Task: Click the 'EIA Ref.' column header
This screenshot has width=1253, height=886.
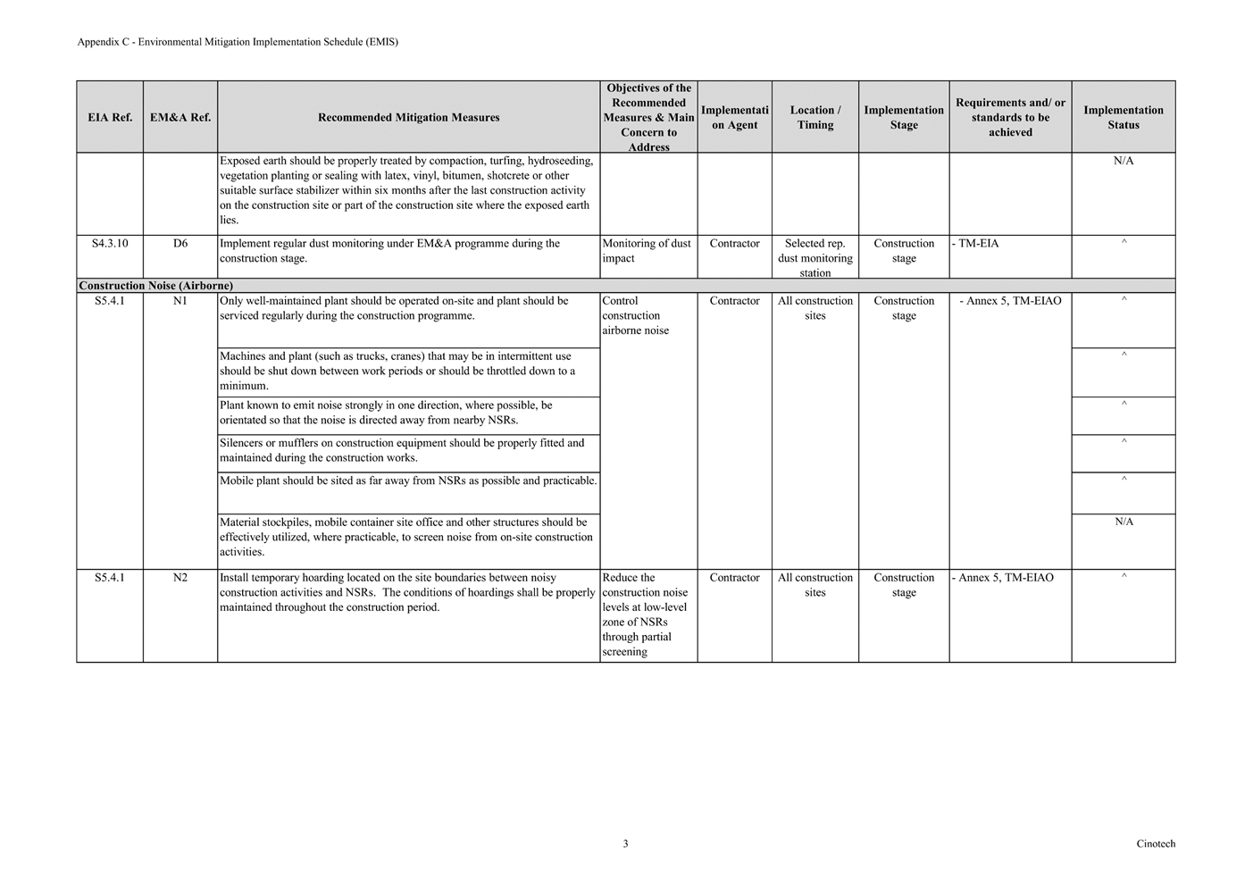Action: point(110,117)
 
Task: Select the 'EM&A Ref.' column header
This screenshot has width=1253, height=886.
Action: point(180,117)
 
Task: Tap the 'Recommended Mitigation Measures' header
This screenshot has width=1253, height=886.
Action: point(408,117)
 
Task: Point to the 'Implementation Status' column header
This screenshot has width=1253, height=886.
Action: point(1123,117)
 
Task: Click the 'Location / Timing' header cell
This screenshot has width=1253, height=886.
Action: point(814,117)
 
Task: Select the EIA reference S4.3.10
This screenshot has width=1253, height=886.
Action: point(110,243)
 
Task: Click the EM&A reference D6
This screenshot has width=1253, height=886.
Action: point(180,243)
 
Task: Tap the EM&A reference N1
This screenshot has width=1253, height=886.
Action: point(180,301)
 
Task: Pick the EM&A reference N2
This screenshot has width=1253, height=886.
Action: point(180,578)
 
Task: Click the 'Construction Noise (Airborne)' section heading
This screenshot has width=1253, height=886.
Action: point(156,286)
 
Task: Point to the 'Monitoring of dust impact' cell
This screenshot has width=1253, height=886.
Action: point(647,251)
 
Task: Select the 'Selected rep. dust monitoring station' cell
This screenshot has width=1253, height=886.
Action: point(814,258)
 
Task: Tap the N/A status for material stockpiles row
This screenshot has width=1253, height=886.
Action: point(1124,522)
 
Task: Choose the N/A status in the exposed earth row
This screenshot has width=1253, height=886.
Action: point(1124,161)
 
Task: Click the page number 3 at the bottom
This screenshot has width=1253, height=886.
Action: point(625,843)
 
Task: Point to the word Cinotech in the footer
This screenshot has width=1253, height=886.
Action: point(1156,843)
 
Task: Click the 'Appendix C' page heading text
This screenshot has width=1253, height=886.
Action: point(238,42)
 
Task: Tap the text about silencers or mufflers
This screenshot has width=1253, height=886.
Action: point(402,450)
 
